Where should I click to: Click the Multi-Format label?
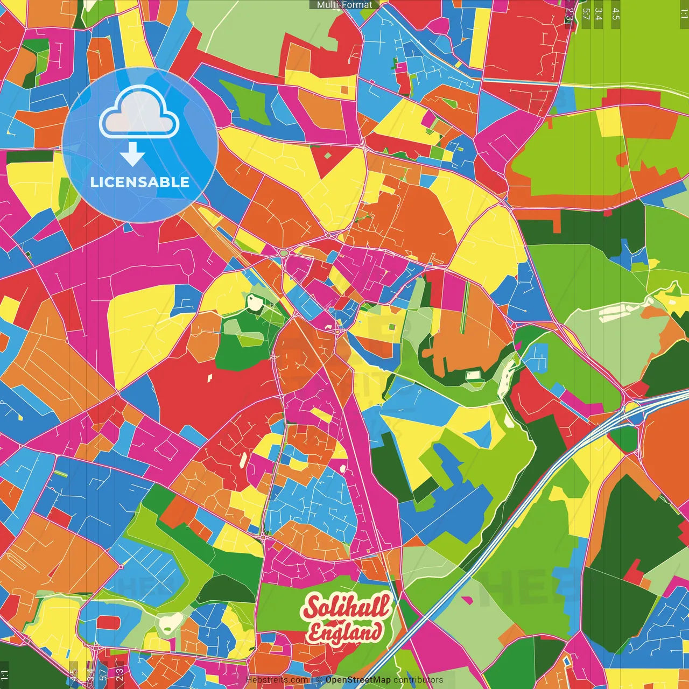(344, 5)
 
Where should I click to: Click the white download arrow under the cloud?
(132, 154)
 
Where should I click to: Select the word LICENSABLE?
(140, 182)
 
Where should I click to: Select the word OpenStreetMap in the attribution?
(358, 680)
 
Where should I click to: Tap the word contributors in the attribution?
(418, 680)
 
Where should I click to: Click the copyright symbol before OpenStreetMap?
(319, 680)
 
